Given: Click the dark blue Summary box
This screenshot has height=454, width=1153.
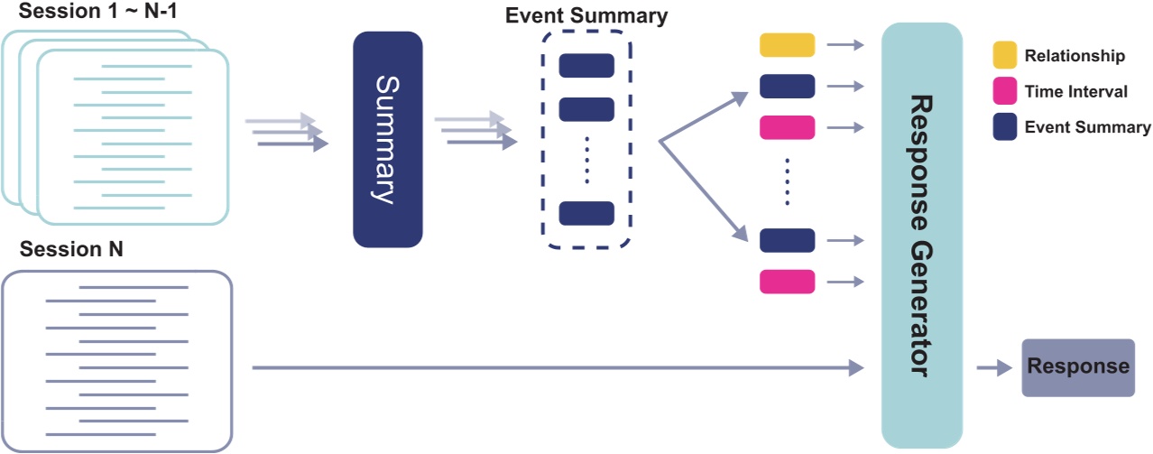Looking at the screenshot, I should point(388,140).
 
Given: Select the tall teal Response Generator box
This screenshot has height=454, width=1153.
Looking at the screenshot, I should point(921,235).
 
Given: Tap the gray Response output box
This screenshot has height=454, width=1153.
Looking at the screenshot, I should point(1077,367).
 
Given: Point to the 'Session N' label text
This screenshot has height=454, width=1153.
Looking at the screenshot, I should point(71,250).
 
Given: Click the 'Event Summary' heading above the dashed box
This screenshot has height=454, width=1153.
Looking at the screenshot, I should point(586,15).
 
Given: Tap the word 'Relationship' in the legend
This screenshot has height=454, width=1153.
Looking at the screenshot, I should point(1075,56).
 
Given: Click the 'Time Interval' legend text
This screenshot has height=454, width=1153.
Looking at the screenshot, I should point(1075,91).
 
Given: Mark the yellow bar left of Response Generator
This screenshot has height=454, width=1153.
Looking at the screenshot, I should point(787,45).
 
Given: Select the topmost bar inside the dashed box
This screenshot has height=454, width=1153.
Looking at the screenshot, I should point(586,66).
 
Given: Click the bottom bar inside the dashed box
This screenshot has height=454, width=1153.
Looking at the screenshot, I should point(586,213).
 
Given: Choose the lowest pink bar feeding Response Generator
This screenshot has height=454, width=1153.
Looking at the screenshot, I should point(787,282).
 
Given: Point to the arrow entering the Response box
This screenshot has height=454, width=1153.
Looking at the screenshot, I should point(994,367).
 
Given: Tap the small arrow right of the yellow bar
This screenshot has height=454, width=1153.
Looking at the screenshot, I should point(846,45).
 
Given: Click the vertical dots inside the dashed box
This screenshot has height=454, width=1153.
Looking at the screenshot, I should point(586,158).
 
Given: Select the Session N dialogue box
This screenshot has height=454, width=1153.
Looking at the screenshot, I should point(117,359).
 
